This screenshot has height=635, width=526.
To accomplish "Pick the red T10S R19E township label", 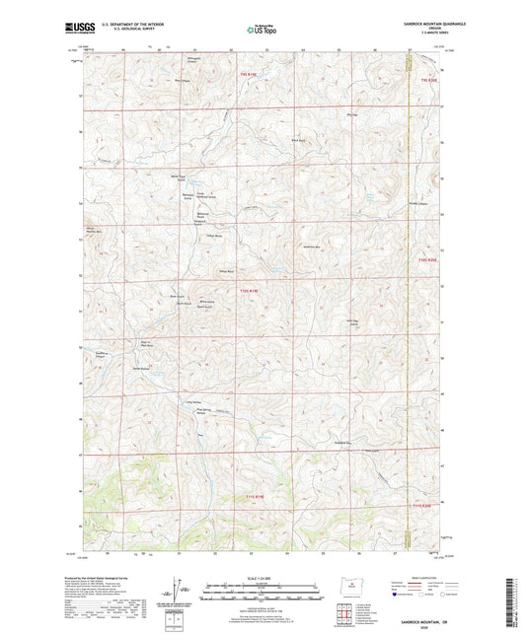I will pos(253,290).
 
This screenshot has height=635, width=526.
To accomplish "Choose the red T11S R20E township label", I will pos(422,507).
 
